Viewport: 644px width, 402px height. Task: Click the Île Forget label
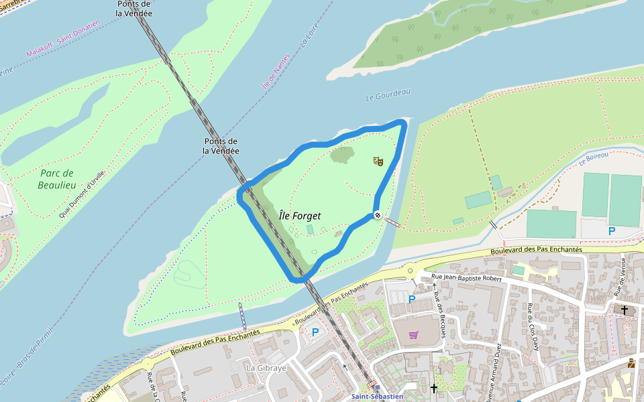[x=300, y=216]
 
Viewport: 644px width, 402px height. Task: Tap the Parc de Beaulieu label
[x=56, y=179]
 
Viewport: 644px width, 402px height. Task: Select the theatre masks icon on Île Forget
[x=378, y=161]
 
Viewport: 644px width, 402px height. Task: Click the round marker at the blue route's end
[x=378, y=215]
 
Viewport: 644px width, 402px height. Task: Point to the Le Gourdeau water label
[x=388, y=96]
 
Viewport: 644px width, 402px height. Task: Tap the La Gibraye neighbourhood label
[x=266, y=368]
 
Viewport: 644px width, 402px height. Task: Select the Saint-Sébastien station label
[x=378, y=397]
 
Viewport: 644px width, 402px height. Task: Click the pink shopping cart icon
[x=413, y=334]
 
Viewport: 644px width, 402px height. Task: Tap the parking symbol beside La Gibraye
[x=315, y=332]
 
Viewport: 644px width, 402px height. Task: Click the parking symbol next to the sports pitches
[x=611, y=231]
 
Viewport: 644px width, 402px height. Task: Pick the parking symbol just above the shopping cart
[x=412, y=299]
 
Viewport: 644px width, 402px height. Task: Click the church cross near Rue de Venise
[x=625, y=310]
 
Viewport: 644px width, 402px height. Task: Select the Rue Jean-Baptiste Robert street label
[x=467, y=277]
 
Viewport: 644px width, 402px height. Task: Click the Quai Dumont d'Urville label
[x=82, y=194]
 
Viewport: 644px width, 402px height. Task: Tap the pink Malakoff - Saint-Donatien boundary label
[x=63, y=38]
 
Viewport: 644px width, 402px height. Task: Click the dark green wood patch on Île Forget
[x=342, y=155]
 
